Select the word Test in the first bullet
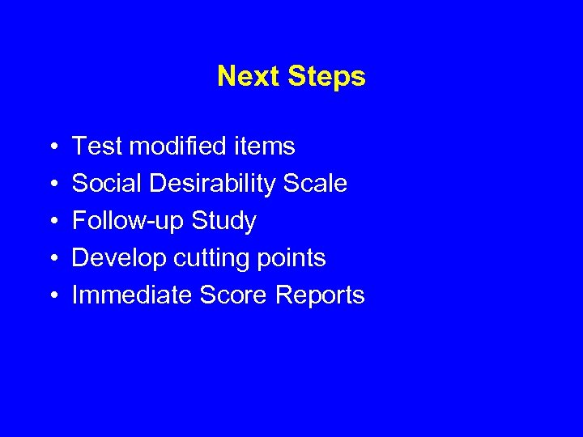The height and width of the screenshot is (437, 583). click(96, 146)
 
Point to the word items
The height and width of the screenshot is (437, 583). click(266, 146)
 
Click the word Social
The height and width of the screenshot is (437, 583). click(107, 184)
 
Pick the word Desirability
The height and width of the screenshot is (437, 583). click(212, 184)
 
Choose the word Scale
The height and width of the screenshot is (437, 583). click(315, 184)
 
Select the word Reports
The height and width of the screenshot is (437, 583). click(320, 295)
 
